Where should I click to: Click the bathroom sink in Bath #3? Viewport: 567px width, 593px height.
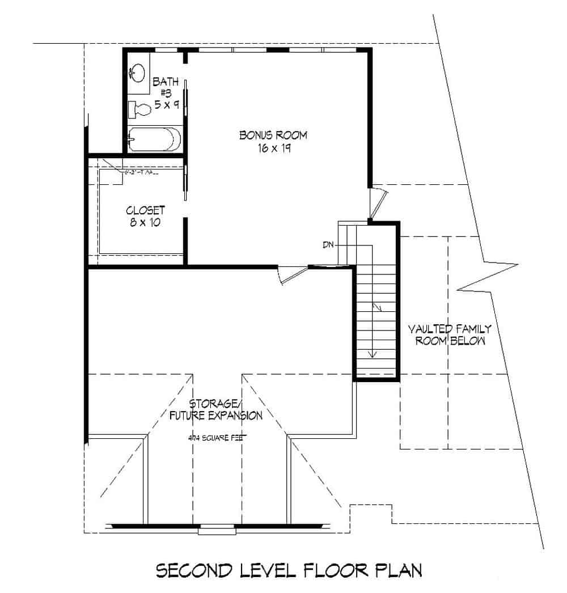[136, 73]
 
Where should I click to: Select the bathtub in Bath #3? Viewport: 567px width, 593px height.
[154, 139]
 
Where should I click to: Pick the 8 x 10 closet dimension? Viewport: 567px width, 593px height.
[143, 222]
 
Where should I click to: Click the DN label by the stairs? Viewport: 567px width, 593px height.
[328, 245]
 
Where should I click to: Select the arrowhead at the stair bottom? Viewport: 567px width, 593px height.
[373, 354]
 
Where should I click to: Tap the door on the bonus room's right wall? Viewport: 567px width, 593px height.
[377, 201]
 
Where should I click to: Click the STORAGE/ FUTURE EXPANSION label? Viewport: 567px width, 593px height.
[216, 409]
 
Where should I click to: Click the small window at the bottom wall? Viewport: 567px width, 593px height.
[217, 531]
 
